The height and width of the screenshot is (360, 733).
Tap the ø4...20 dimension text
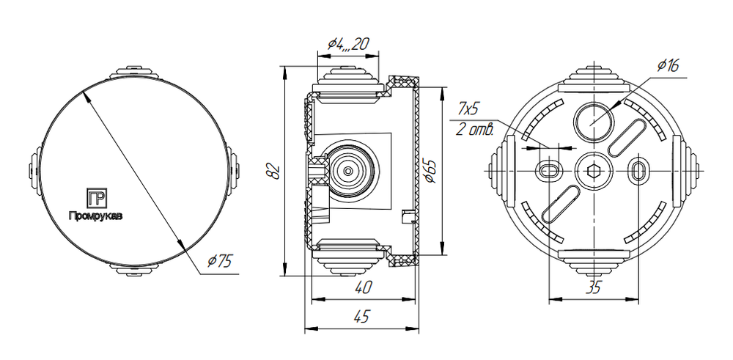coord(348,44)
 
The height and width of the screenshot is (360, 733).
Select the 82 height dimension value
coord(274,172)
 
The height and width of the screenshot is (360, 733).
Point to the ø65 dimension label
coord(430,172)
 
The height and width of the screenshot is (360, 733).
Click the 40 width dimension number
coord(363,287)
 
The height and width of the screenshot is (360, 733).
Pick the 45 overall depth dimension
coord(361,317)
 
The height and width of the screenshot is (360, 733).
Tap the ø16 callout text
coord(668,66)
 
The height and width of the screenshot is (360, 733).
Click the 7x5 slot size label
coord(469,110)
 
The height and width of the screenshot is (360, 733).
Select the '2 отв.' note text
coord(474,130)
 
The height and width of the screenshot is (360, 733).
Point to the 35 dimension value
coord(593,288)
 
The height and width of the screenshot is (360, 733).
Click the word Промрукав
coord(96,216)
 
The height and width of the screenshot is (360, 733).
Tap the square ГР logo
coord(97,198)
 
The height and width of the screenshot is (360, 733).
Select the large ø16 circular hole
coord(593,122)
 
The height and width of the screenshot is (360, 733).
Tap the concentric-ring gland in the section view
coord(347,171)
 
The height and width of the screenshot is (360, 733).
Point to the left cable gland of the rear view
coord(502,171)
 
